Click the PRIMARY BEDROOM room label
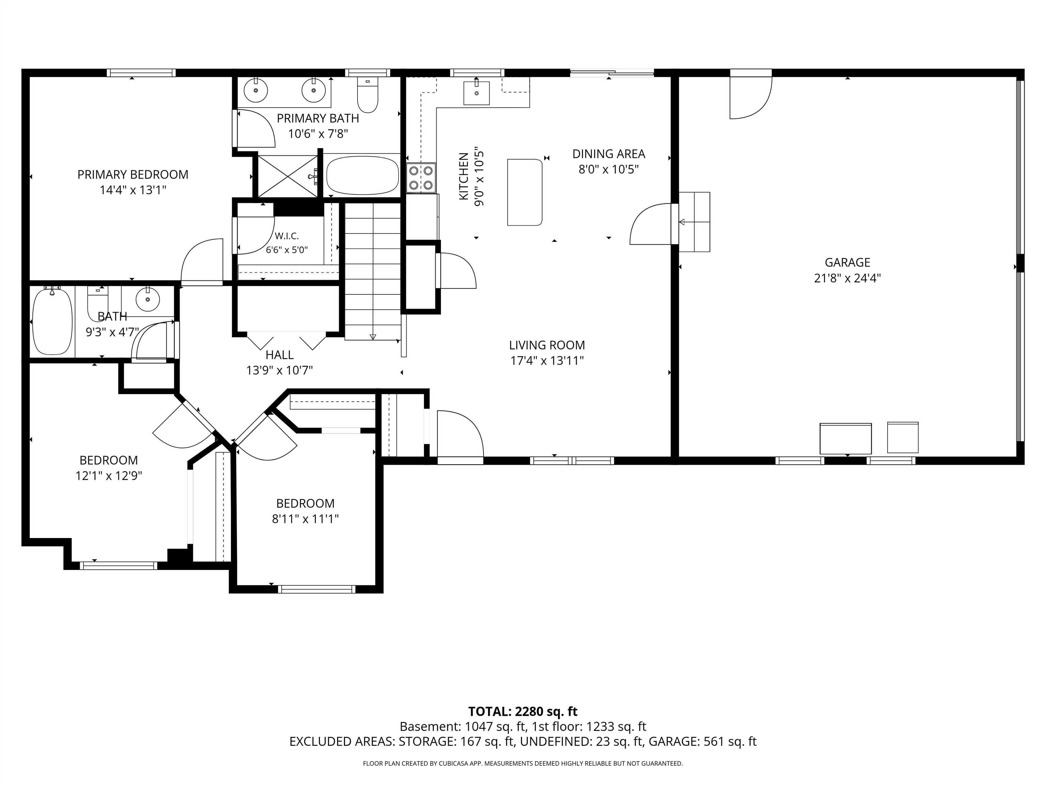coord(133,174)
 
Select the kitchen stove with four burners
coord(421,178)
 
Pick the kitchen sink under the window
coord(476,93)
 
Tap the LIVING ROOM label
coord(547,345)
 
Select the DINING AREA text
coord(608,154)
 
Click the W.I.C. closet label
coord(287,236)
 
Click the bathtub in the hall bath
coord(52,321)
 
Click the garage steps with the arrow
coord(694,222)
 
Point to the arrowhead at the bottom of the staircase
coord(373,337)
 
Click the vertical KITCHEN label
coord(464,176)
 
